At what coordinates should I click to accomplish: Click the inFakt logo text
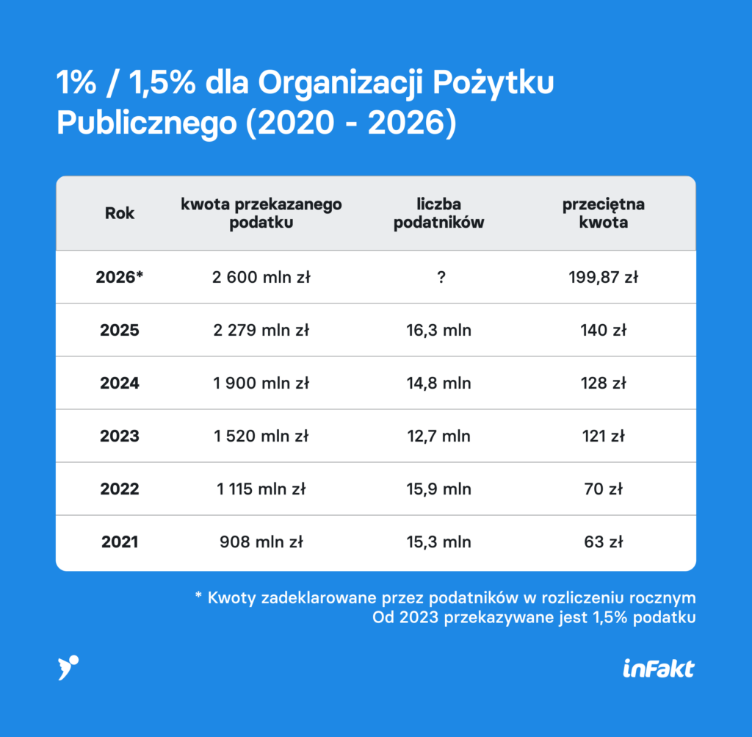click(x=659, y=669)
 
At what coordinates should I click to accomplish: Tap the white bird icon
click(x=68, y=667)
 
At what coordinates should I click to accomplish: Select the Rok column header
click(x=120, y=213)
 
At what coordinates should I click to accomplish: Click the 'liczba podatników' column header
click(x=438, y=213)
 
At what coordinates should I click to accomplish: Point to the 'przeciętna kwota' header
click(x=604, y=213)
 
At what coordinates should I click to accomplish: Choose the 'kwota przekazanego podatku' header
click(x=261, y=213)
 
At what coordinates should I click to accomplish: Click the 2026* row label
click(x=120, y=277)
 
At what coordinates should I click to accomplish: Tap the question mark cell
click(x=441, y=277)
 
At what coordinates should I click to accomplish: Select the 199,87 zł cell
click(x=604, y=277)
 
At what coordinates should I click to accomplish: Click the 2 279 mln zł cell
click(x=261, y=330)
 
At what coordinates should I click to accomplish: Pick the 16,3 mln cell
click(x=438, y=331)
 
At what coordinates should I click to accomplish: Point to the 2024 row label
click(x=120, y=383)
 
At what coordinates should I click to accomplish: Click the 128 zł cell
click(x=604, y=383)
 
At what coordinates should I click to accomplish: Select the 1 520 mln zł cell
click(x=261, y=436)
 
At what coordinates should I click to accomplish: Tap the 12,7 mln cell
click(x=438, y=436)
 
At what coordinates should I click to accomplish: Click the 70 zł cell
click(x=604, y=489)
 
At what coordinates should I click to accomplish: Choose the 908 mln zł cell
click(x=261, y=542)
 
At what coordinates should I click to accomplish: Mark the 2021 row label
click(x=120, y=542)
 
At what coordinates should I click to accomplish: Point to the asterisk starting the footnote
click(x=198, y=595)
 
